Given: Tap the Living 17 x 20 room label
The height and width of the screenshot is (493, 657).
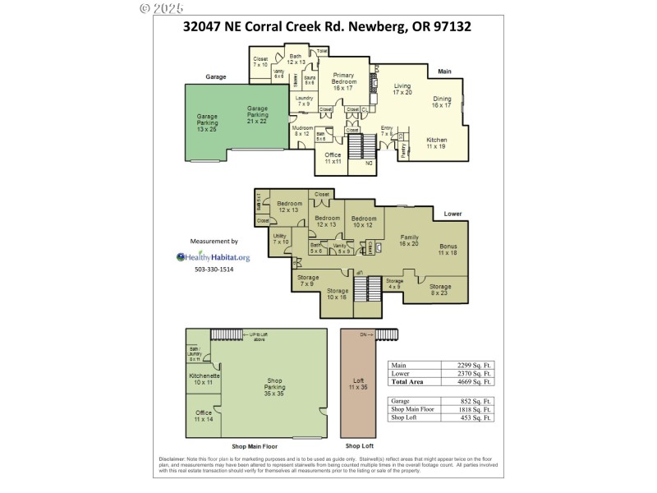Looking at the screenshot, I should (402, 89).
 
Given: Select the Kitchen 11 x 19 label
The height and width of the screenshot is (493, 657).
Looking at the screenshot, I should (437, 142).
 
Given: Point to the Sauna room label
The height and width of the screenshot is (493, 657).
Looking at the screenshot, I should (310, 81).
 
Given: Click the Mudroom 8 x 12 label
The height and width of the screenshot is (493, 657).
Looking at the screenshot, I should (303, 131).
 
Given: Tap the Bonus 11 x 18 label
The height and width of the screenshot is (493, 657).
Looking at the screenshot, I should (448, 250).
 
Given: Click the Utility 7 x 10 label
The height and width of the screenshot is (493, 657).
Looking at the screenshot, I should (281, 238).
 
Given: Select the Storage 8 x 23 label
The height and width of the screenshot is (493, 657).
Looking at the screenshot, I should (440, 289).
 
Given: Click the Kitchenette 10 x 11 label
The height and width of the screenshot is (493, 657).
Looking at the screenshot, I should (203, 379).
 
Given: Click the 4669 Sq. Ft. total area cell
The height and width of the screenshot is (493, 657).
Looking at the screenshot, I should (476, 382).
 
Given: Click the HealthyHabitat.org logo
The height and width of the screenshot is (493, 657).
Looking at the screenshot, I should (214, 256).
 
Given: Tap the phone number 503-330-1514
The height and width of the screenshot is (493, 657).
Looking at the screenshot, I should (214, 270).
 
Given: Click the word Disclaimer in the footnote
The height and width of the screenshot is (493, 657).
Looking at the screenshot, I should (173, 458).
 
